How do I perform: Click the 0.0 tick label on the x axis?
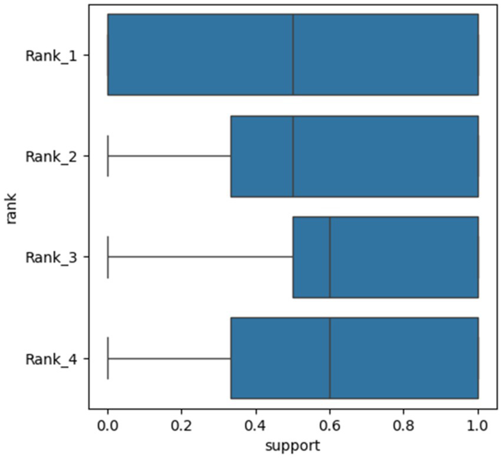point(107,425)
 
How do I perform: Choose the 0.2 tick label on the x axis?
point(182,425)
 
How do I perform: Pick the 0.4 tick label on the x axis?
point(255,425)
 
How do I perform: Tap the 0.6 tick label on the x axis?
point(330,425)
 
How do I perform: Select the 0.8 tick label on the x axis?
point(403,425)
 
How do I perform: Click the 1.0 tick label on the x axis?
point(478,425)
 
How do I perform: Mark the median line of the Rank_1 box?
point(293,55)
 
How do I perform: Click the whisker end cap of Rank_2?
point(108,156)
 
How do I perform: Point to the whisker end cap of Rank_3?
point(108,257)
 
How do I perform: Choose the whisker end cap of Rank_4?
point(108,358)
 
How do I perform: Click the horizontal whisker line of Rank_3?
point(201,257)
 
